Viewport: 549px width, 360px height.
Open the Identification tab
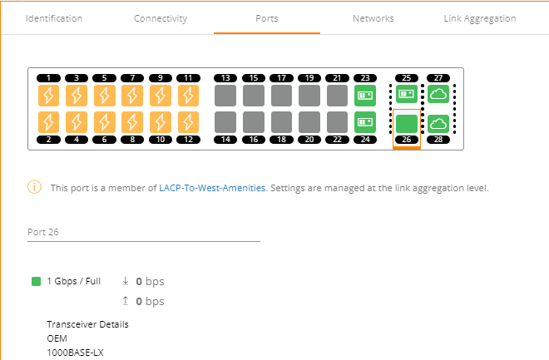point(54,18)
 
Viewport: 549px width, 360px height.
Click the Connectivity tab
point(161,18)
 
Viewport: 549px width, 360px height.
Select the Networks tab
point(373,18)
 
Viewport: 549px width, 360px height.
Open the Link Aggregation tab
point(480,18)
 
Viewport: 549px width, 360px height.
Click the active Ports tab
point(267,18)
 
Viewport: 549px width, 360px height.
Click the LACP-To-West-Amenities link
point(212,188)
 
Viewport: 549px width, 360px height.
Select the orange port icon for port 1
point(49,95)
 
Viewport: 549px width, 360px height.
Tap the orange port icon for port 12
point(189,122)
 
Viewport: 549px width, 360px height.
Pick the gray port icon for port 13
point(225,95)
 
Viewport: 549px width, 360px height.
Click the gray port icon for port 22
point(337,122)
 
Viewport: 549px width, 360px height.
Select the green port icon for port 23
point(364,95)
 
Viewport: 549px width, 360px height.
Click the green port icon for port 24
point(364,122)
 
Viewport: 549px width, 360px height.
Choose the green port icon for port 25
point(407,95)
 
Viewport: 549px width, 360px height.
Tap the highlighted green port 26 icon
point(407,124)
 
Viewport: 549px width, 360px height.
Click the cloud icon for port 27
point(438,95)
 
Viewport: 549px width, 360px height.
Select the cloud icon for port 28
point(438,124)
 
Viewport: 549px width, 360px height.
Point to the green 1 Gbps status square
point(36,282)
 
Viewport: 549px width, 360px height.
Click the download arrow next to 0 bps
point(125,282)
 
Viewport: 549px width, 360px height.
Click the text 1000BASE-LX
point(76,353)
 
